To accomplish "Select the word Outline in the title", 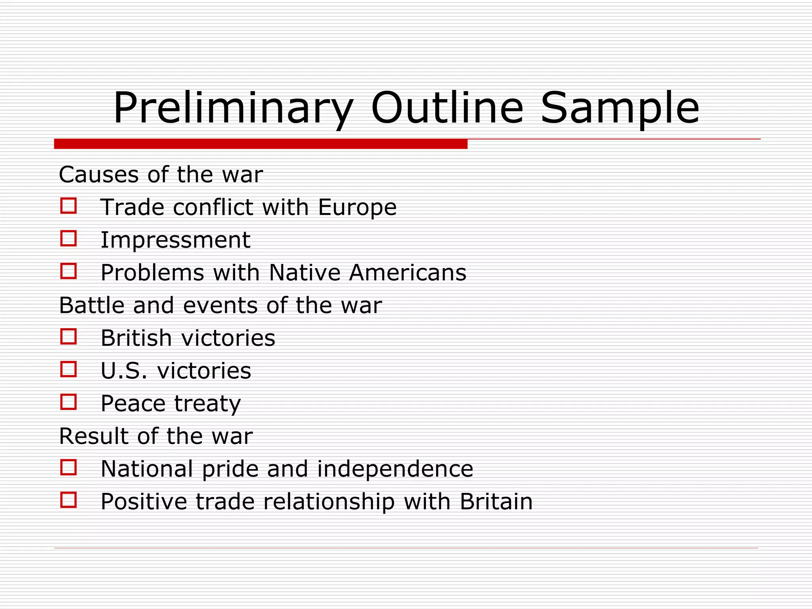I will [x=447, y=108].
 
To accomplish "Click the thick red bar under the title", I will [x=260, y=144].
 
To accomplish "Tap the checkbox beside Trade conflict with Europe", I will [x=68, y=206].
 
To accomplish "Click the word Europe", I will [x=357, y=207].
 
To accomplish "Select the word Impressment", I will [x=175, y=240].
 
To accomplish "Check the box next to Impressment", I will [x=68, y=239].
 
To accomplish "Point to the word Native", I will [x=304, y=273].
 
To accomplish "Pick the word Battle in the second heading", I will [x=91, y=305].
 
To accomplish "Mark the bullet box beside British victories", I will [x=68, y=337].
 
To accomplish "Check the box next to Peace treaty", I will [x=68, y=402].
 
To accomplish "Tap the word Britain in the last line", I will [x=496, y=502].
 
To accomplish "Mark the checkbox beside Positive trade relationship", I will [x=68, y=500].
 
